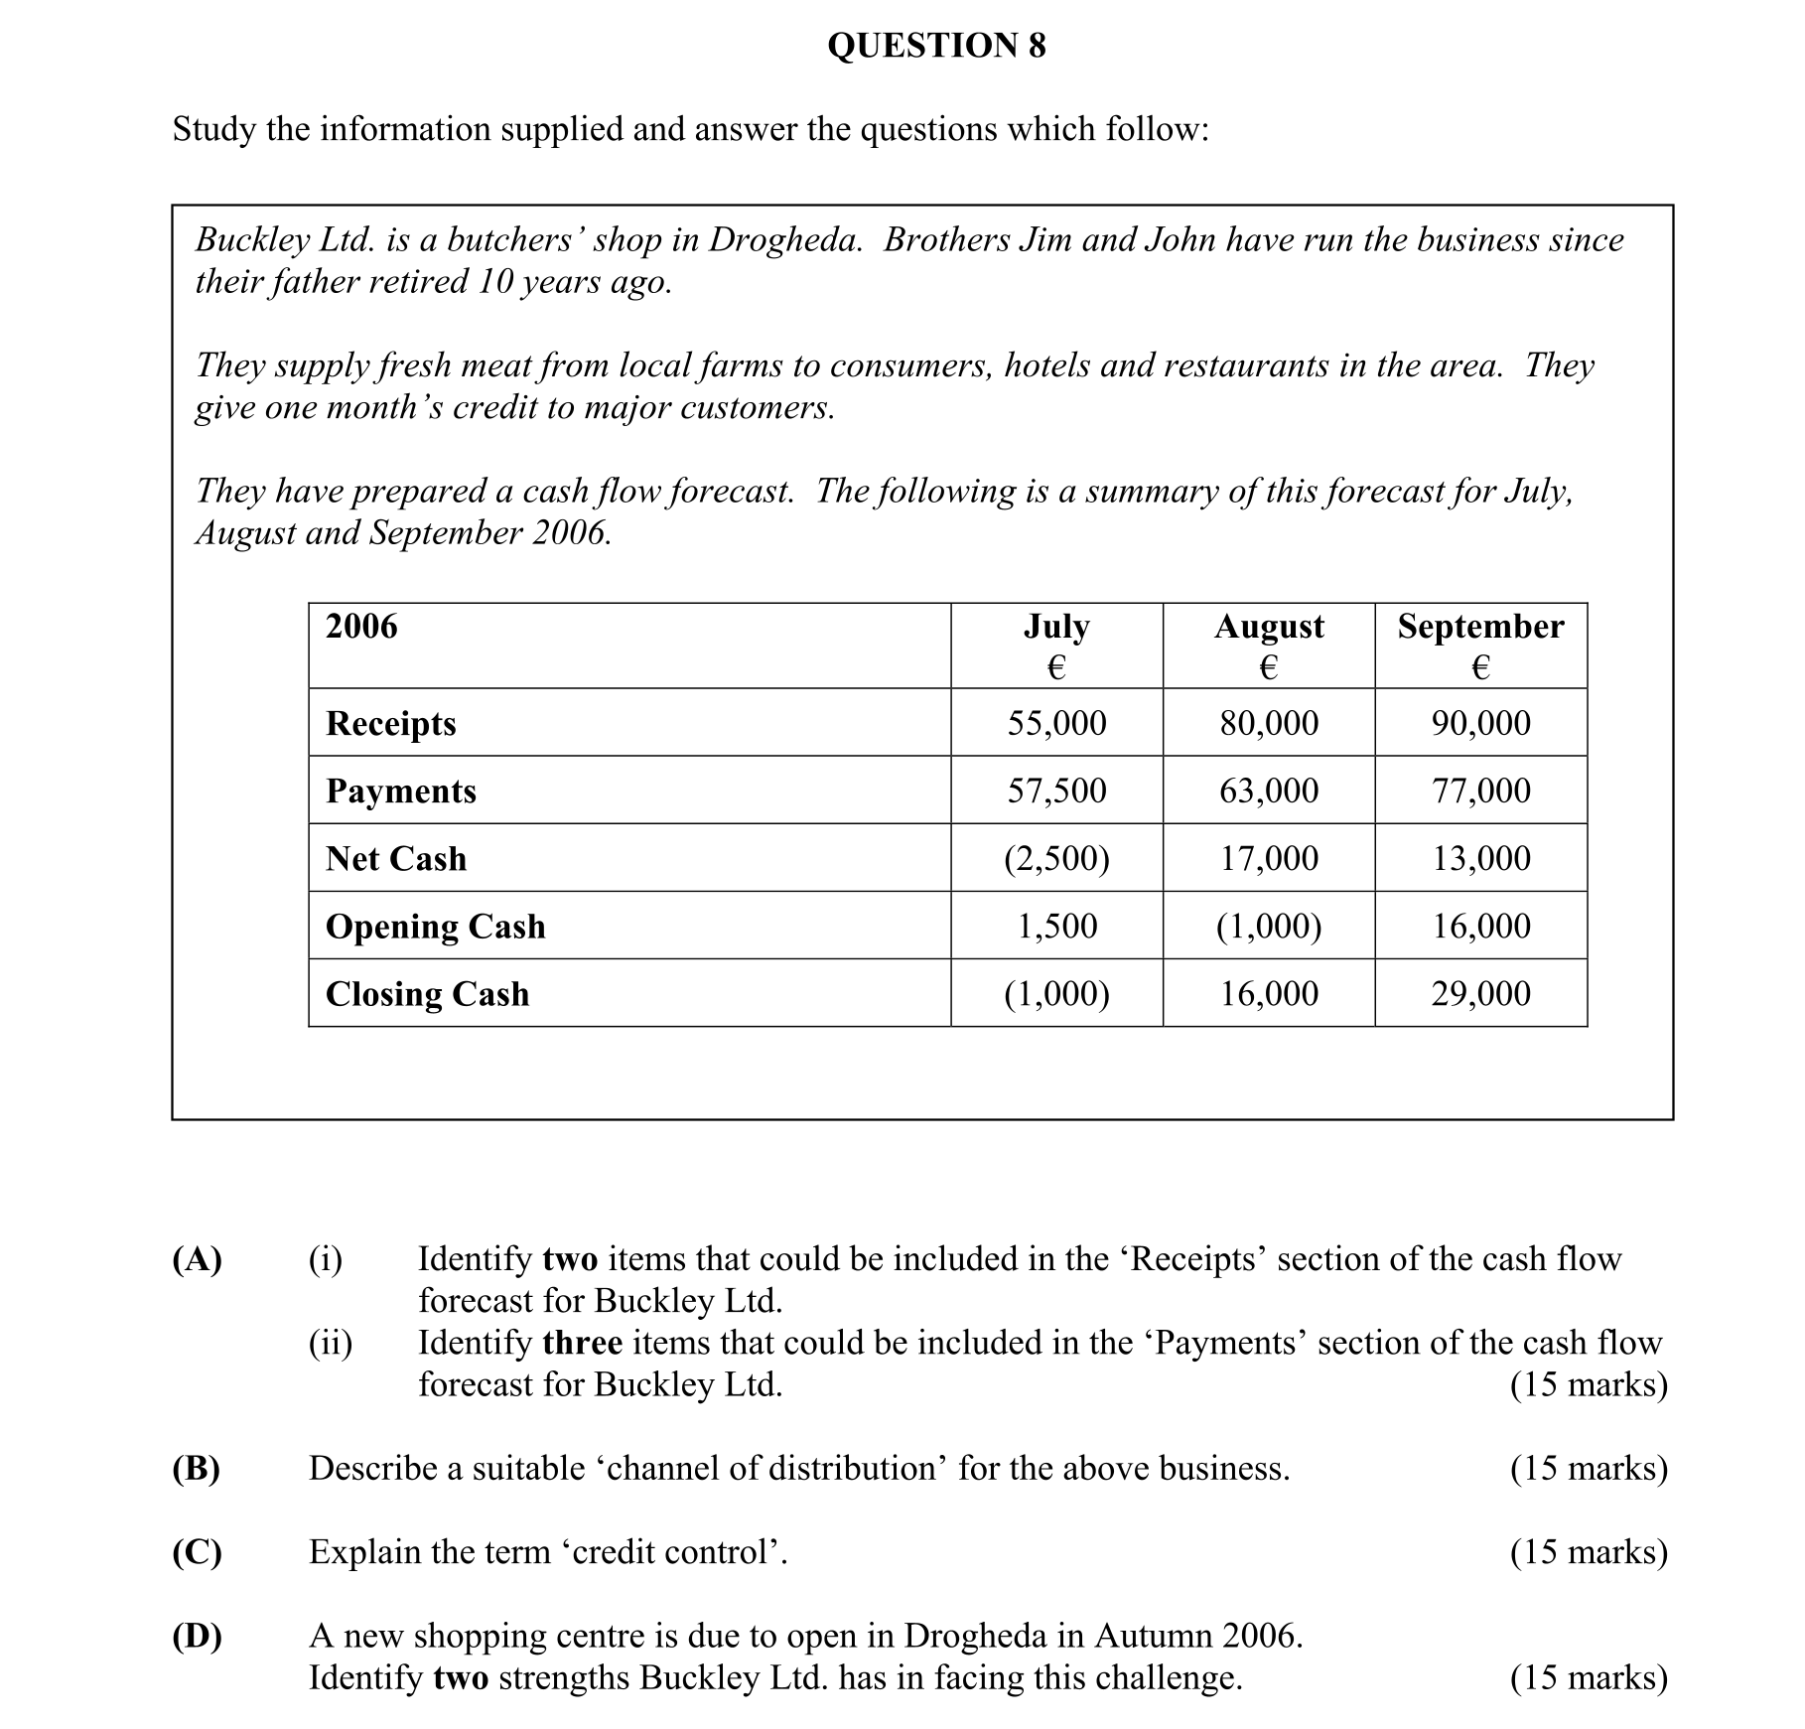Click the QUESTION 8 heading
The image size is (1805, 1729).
pyautogui.click(x=936, y=46)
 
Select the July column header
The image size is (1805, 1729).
pyautogui.click(x=1056, y=627)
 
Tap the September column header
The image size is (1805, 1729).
pyautogui.click(x=1480, y=627)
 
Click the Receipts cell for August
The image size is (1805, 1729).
pyautogui.click(x=1269, y=723)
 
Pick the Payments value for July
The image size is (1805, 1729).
pyautogui.click(x=1056, y=791)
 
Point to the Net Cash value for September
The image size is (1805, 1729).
pyautogui.click(x=1480, y=858)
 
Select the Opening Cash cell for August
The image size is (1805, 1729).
pyautogui.click(x=1269, y=926)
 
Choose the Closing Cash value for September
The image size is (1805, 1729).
pyautogui.click(x=1480, y=993)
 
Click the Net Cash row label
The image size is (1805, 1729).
pyautogui.click(x=396, y=858)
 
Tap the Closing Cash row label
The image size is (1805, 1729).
pyautogui.click(x=427, y=993)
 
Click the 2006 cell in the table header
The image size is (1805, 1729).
pyautogui.click(x=361, y=627)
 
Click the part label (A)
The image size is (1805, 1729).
pyautogui.click(x=197, y=1259)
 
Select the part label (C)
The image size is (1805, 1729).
pyautogui.click(x=197, y=1551)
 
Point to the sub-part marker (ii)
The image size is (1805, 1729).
pyautogui.click(x=330, y=1343)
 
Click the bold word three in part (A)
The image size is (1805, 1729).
pyautogui.click(x=583, y=1343)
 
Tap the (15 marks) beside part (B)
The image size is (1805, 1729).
pyautogui.click(x=1589, y=1468)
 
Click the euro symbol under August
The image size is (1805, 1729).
pyautogui.click(x=1268, y=667)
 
